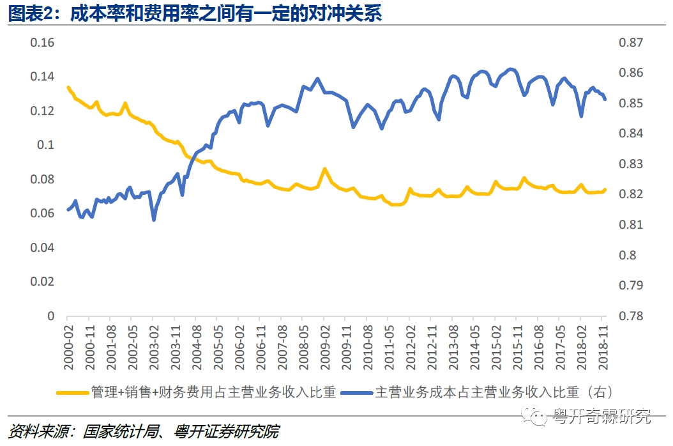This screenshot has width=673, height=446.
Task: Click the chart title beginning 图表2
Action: (x=195, y=13)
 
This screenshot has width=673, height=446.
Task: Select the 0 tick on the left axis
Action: (x=51, y=316)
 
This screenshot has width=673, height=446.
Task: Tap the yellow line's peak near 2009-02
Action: (x=324, y=169)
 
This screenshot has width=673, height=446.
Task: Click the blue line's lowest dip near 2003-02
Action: (x=154, y=220)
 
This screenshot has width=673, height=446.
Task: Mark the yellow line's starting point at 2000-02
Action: (x=68, y=87)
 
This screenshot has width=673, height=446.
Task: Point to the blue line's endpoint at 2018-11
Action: (x=605, y=99)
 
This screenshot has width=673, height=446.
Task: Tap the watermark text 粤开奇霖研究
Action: (x=601, y=417)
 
